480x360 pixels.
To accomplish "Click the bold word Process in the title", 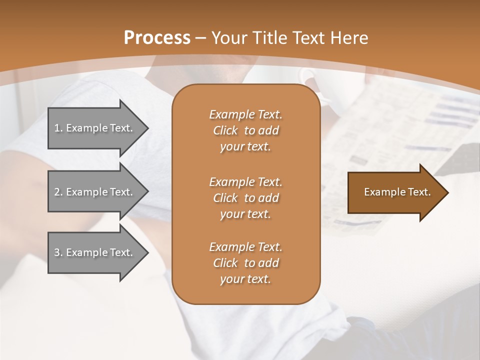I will click(157, 38).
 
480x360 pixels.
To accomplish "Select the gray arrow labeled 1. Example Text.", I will click(95, 128).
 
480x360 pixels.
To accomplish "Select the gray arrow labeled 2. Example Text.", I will click(95, 192).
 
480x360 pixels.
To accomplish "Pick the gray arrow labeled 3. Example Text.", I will click(95, 252).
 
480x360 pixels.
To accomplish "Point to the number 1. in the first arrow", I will click(58, 128).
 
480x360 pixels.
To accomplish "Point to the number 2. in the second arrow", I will click(58, 192).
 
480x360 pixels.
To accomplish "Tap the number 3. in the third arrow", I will click(58, 252).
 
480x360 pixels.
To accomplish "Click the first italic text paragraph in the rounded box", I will click(245, 130).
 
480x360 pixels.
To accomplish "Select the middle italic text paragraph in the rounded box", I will click(245, 197).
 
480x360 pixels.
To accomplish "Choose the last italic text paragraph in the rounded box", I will click(245, 263).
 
